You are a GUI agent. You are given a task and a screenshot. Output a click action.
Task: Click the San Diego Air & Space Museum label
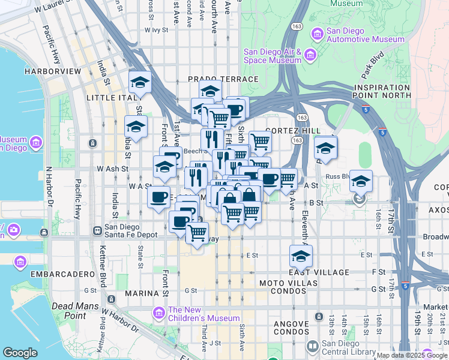coord(272,56)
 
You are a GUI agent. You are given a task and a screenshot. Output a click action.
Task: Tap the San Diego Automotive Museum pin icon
coord(315,35)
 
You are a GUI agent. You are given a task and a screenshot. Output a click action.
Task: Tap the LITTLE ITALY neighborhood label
coord(112,97)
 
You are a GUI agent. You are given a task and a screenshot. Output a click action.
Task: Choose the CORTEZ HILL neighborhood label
coord(292,131)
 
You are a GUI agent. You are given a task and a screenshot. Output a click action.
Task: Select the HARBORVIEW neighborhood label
coord(53,71)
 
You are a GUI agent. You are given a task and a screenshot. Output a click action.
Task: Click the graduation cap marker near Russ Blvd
coord(361,181)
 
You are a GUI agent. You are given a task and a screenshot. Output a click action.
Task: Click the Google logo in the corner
coord(20,352)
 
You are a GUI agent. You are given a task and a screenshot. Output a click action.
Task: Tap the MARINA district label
coord(141,293)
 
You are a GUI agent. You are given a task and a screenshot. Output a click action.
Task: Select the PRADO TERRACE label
coord(223,79)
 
